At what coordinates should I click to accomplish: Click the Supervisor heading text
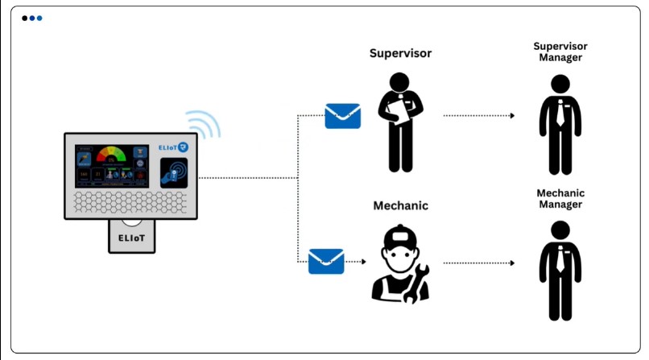(400, 54)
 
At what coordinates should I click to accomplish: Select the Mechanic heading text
(400, 205)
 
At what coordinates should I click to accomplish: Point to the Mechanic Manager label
(560, 198)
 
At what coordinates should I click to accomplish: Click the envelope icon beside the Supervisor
(342, 116)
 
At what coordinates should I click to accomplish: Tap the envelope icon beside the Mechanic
(326, 261)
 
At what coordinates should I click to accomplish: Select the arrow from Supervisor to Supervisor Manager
(479, 116)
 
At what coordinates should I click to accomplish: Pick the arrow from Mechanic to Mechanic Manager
(479, 263)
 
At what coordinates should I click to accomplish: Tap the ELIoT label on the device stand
(132, 238)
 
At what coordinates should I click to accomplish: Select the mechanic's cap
(400, 237)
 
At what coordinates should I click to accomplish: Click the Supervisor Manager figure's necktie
(560, 114)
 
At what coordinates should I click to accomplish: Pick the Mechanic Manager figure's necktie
(560, 259)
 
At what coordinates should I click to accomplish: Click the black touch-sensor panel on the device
(174, 172)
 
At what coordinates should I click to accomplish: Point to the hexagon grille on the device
(131, 203)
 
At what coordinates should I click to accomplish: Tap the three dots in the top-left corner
(32, 18)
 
